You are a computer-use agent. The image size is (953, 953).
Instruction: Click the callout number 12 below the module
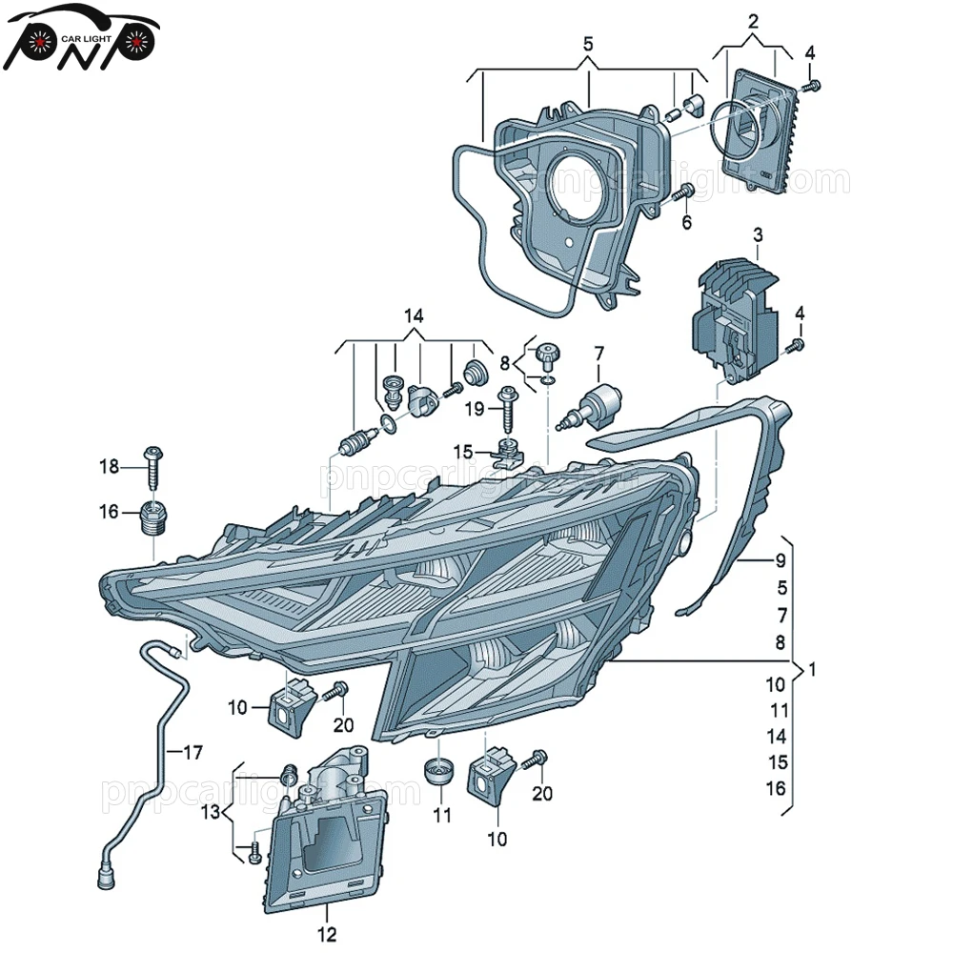click(327, 934)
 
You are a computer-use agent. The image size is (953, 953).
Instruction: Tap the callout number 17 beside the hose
click(193, 753)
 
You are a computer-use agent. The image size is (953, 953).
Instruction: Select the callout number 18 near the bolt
click(111, 467)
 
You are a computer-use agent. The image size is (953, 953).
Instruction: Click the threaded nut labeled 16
click(153, 517)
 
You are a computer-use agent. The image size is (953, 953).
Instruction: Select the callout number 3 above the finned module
click(758, 234)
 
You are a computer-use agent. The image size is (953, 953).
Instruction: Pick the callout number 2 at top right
click(752, 20)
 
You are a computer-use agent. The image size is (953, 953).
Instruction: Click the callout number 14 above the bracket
click(413, 315)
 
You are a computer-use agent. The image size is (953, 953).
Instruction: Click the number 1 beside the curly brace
click(812, 670)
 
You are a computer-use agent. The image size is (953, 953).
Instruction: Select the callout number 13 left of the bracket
click(211, 811)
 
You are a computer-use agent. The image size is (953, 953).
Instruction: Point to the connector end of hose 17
click(105, 871)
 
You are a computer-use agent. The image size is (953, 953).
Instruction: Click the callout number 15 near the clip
click(462, 450)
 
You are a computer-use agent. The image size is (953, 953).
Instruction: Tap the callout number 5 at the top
click(588, 44)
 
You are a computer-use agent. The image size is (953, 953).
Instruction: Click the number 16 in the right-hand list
click(777, 787)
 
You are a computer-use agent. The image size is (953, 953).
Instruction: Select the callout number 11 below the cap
click(440, 816)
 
